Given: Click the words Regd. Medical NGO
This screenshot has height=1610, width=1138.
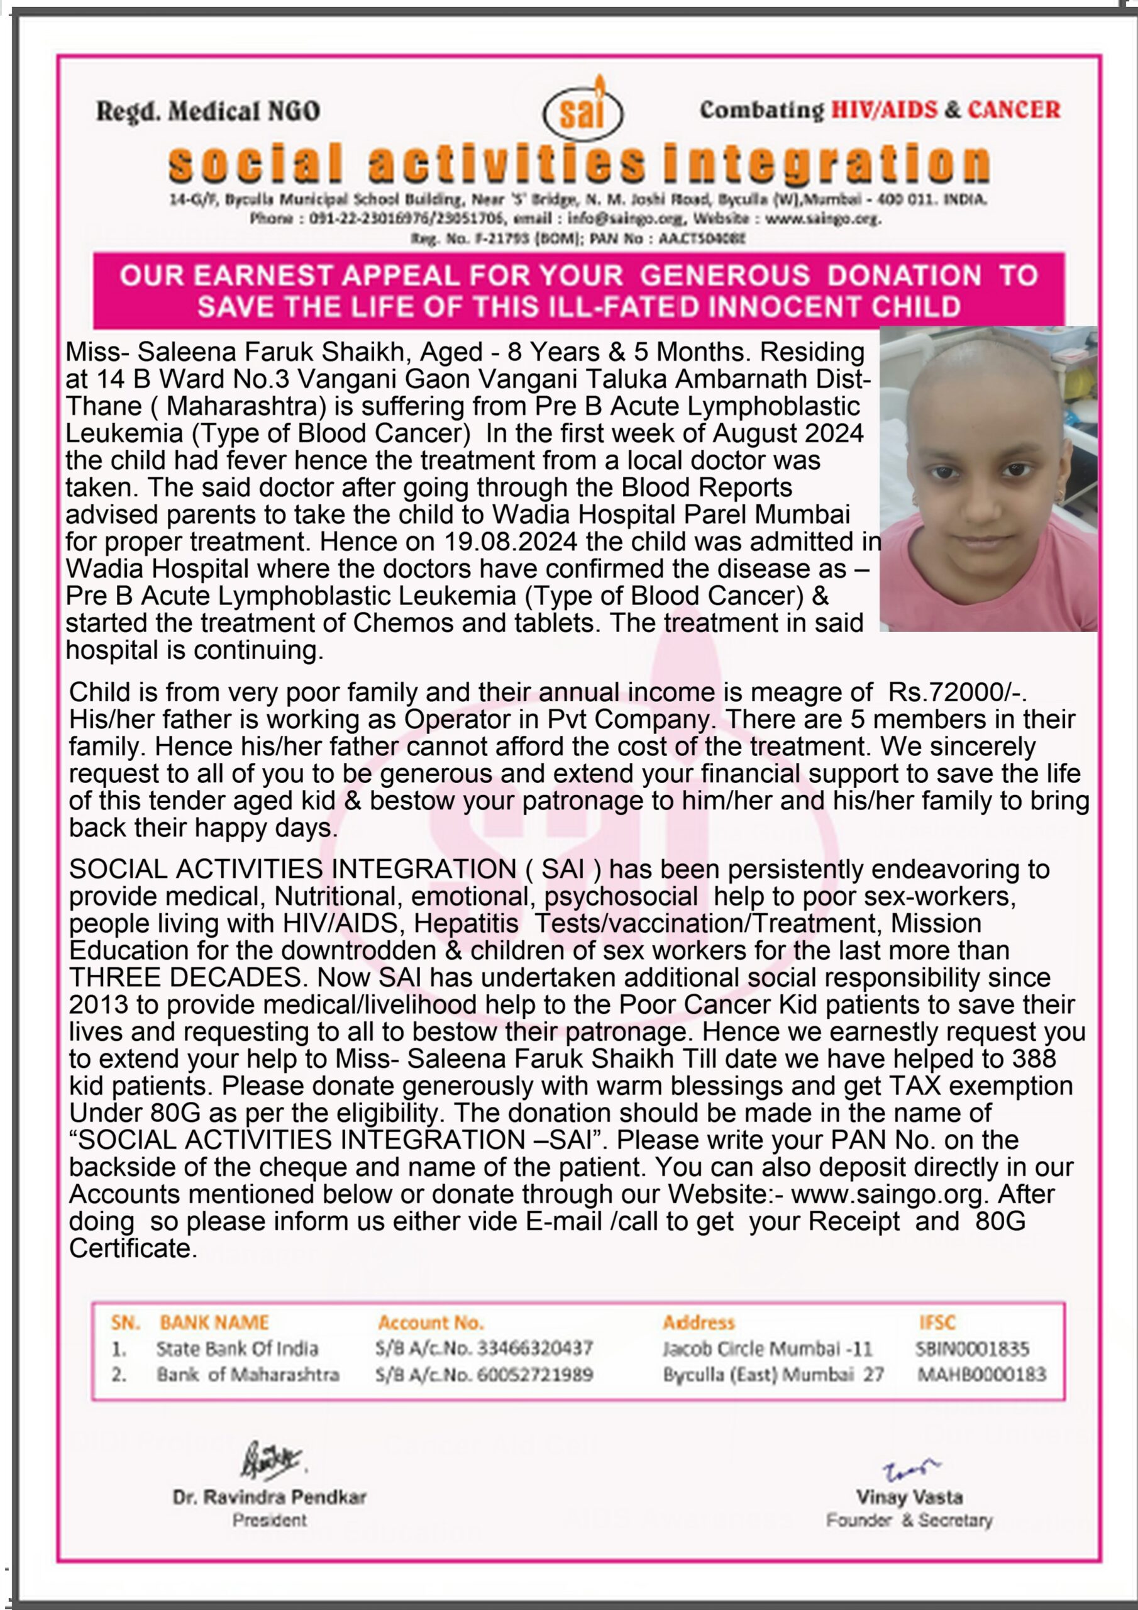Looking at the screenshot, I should coord(207,111).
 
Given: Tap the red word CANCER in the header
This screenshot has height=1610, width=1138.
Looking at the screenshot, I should coord(1014,109).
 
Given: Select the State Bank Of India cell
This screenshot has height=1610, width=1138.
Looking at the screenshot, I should coord(237,1348).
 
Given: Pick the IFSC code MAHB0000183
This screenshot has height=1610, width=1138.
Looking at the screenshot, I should coord(981,1374).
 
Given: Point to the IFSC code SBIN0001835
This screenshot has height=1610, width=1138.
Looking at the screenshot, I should coord(973,1348).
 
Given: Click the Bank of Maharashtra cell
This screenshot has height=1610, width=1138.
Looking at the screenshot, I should coord(248,1374).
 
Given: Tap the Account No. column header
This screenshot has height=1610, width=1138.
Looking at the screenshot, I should coord(431,1323).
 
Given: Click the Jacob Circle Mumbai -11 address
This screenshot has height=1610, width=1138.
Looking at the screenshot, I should coord(767,1348).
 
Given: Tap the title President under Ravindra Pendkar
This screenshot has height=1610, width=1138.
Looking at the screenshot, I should coord(270,1520).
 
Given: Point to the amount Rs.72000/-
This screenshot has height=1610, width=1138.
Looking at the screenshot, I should coord(958,692).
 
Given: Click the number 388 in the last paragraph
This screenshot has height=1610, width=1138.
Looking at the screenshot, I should coord(1034,1058).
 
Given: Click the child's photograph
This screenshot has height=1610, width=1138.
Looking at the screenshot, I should coord(988,479).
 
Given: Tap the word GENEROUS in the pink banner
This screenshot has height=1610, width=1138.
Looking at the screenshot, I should coord(725,275).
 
